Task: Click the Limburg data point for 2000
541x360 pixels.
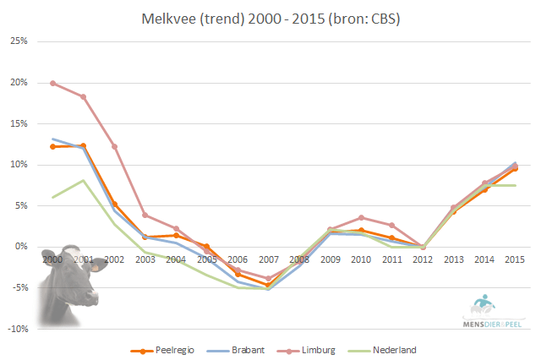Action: click(x=52, y=83)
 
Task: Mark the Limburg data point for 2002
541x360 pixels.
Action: click(x=114, y=146)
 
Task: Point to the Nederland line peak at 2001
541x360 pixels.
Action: click(x=83, y=180)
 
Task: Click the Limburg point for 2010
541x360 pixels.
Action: click(x=361, y=217)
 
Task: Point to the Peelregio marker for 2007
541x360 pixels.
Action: click(x=268, y=286)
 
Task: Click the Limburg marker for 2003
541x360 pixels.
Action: click(x=145, y=215)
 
